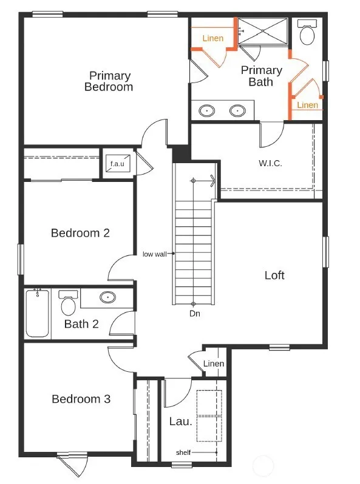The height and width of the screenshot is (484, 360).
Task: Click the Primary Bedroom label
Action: pos(109,81)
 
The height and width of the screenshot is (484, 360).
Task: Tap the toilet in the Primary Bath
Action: pos(307,32)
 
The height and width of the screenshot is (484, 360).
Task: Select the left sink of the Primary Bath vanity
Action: pos(207,110)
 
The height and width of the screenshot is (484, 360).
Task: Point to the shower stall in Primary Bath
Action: pos(263,31)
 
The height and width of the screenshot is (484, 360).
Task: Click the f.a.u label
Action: pos(117,164)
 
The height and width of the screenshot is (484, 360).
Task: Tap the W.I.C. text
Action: pos(270,163)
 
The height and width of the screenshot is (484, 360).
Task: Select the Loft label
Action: pos(274,275)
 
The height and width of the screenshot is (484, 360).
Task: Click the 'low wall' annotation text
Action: pos(155,254)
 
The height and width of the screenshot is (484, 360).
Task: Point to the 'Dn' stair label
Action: pos(195,314)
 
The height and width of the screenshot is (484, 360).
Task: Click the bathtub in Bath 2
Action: pos(38,314)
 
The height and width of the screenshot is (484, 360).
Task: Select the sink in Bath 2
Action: pos(108,297)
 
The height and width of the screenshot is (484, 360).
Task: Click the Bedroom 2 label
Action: pos(80,233)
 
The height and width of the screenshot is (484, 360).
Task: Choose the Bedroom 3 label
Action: pos(81,399)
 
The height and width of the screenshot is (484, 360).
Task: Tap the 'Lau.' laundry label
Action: pos(181,422)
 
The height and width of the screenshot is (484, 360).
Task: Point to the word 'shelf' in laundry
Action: pos(183,452)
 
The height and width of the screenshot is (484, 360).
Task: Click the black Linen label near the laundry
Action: pos(214,364)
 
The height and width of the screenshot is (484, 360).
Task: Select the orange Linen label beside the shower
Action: pos(213,38)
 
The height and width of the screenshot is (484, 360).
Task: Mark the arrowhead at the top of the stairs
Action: pos(212,181)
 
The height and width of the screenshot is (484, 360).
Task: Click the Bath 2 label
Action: pos(81,324)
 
